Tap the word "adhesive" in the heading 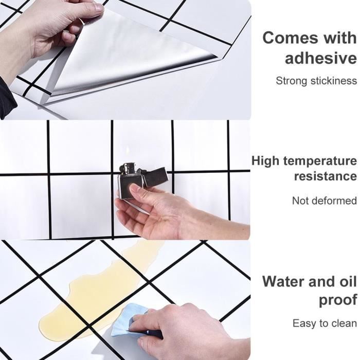321,58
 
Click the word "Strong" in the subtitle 292,81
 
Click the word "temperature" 320,161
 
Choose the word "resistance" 326,176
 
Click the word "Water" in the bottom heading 284,281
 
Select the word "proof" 338,300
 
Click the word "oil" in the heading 348,281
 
